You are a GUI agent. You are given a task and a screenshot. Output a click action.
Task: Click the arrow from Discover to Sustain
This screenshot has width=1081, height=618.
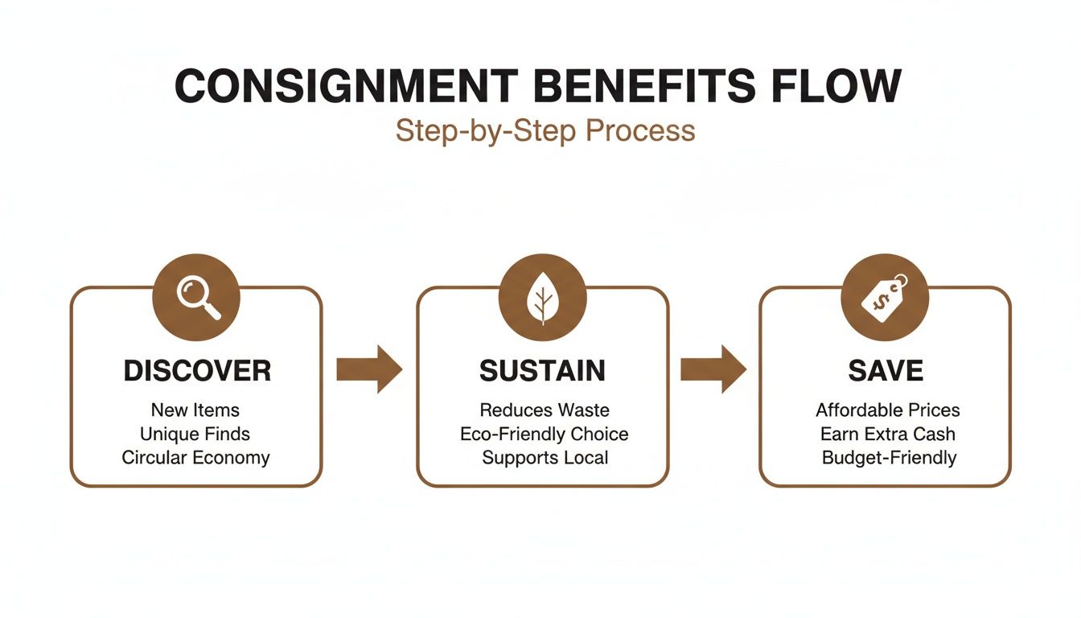(x=368, y=369)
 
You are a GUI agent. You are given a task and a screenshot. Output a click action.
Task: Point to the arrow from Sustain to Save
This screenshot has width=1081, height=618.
(x=713, y=369)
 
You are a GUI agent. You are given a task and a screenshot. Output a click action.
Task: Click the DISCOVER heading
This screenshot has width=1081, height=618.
(x=197, y=371)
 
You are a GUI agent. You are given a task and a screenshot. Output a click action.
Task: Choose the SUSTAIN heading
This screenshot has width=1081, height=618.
(x=542, y=371)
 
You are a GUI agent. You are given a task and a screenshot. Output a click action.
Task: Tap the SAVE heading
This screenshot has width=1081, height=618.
(x=886, y=371)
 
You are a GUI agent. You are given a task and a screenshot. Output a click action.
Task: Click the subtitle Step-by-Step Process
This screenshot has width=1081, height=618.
(x=545, y=130)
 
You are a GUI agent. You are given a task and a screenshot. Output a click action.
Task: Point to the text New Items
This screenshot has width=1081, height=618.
(x=195, y=410)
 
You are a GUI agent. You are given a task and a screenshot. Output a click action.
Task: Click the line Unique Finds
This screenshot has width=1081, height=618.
(x=195, y=435)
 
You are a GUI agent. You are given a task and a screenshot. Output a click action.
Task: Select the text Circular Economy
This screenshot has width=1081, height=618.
(x=195, y=458)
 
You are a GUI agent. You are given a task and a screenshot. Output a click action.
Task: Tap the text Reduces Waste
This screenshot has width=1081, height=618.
(x=544, y=410)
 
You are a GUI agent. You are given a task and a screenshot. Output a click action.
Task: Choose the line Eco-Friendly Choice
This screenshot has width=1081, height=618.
(x=544, y=435)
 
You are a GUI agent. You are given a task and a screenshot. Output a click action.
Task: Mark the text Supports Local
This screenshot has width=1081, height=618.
(x=544, y=458)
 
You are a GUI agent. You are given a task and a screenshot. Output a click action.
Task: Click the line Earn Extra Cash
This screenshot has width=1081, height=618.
(x=887, y=435)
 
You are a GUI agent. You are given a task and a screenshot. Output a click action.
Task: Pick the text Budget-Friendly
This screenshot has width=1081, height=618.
(x=889, y=458)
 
